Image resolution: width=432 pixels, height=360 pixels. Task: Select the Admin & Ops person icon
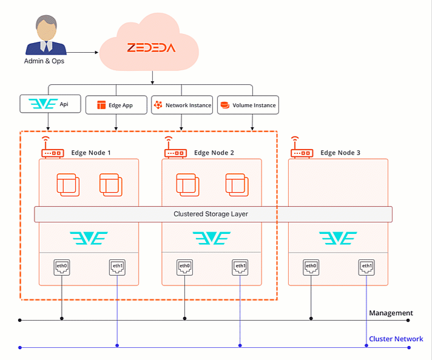click(x=43, y=36)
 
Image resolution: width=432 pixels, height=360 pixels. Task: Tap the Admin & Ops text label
click(x=44, y=61)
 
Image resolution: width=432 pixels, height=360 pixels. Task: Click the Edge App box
click(x=116, y=105)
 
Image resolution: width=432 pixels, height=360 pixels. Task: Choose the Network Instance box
click(x=181, y=105)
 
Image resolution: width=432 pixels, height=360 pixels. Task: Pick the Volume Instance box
click(x=248, y=105)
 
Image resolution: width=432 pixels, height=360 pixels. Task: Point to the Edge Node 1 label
click(x=91, y=153)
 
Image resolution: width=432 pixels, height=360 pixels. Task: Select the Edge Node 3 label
click(x=340, y=153)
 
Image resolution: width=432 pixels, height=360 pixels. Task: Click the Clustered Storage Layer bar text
click(x=211, y=214)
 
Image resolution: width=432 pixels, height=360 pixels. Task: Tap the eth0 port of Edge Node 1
click(x=61, y=266)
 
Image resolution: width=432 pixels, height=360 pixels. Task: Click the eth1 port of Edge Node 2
click(x=240, y=266)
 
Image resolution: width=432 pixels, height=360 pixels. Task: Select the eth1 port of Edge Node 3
click(x=366, y=266)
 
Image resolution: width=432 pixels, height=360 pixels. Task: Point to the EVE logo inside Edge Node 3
click(x=339, y=238)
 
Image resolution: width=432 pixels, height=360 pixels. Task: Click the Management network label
click(x=391, y=313)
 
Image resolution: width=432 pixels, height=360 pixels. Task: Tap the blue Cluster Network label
click(x=396, y=339)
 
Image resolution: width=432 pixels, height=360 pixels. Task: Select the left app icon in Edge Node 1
click(x=68, y=184)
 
